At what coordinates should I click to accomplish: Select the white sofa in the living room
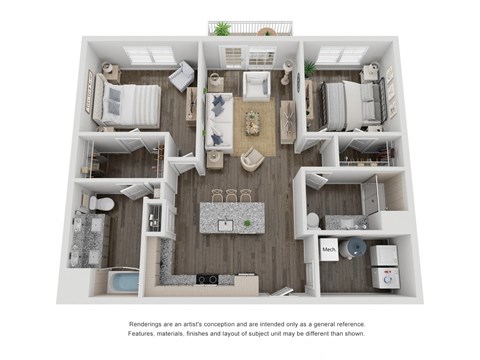(220, 123)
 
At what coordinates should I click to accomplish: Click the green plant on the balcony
(221, 28)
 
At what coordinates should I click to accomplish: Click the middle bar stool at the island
(231, 195)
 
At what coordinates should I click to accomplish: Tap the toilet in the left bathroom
(98, 204)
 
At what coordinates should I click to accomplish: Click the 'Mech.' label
(328, 246)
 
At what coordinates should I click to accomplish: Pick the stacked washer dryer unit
(385, 266)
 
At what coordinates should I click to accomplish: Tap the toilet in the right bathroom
(313, 219)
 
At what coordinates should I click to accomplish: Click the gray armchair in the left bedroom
(182, 76)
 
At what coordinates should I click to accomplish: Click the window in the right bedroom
(342, 56)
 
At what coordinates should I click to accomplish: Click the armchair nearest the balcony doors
(257, 86)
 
